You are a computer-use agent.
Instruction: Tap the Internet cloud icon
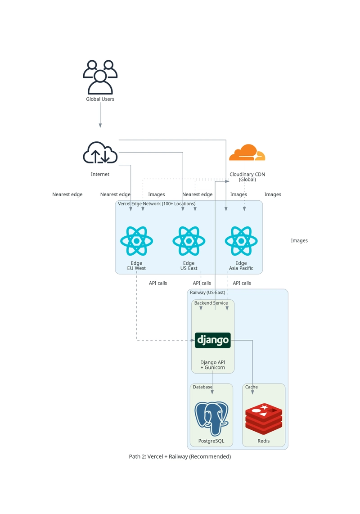click(100, 153)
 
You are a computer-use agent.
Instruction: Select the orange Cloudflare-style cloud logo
click(247, 153)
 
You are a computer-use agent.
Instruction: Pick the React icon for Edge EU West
click(136, 241)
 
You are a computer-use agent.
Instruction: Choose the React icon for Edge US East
click(189, 241)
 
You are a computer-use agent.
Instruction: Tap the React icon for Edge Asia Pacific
click(241, 241)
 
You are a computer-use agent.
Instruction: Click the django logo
click(212, 340)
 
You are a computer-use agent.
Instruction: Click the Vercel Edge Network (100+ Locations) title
click(157, 204)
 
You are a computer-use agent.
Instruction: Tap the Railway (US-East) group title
click(207, 293)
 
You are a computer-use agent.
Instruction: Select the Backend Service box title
click(211, 303)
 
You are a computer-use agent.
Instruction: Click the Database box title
click(202, 387)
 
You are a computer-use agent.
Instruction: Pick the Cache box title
click(251, 387)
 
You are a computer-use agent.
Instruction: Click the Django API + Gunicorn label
click(212, 365)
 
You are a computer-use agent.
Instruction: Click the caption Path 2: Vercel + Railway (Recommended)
click(180, 456)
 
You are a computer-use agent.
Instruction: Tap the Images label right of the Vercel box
click(299, 241)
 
